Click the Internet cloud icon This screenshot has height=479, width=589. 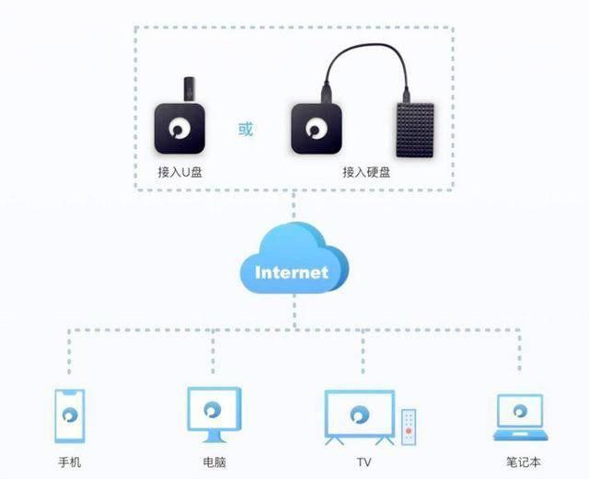pyautogui.click(x=292, y=262)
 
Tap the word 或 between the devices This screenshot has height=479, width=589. pyautogui.click(x=246, y=129)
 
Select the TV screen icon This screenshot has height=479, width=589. pyautogui.click(x=359, y=415)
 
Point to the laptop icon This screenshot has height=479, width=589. pyautogui.click(x=521, y=416)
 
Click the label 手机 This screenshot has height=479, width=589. pyautogui.click(x=70, y=462)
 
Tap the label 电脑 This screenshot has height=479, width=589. pyautogui.click(x=214, y=462)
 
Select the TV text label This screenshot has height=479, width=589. pyautogui.click(x=362, y=462)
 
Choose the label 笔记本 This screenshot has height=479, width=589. pyautogui.click(x=521, y=462)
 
